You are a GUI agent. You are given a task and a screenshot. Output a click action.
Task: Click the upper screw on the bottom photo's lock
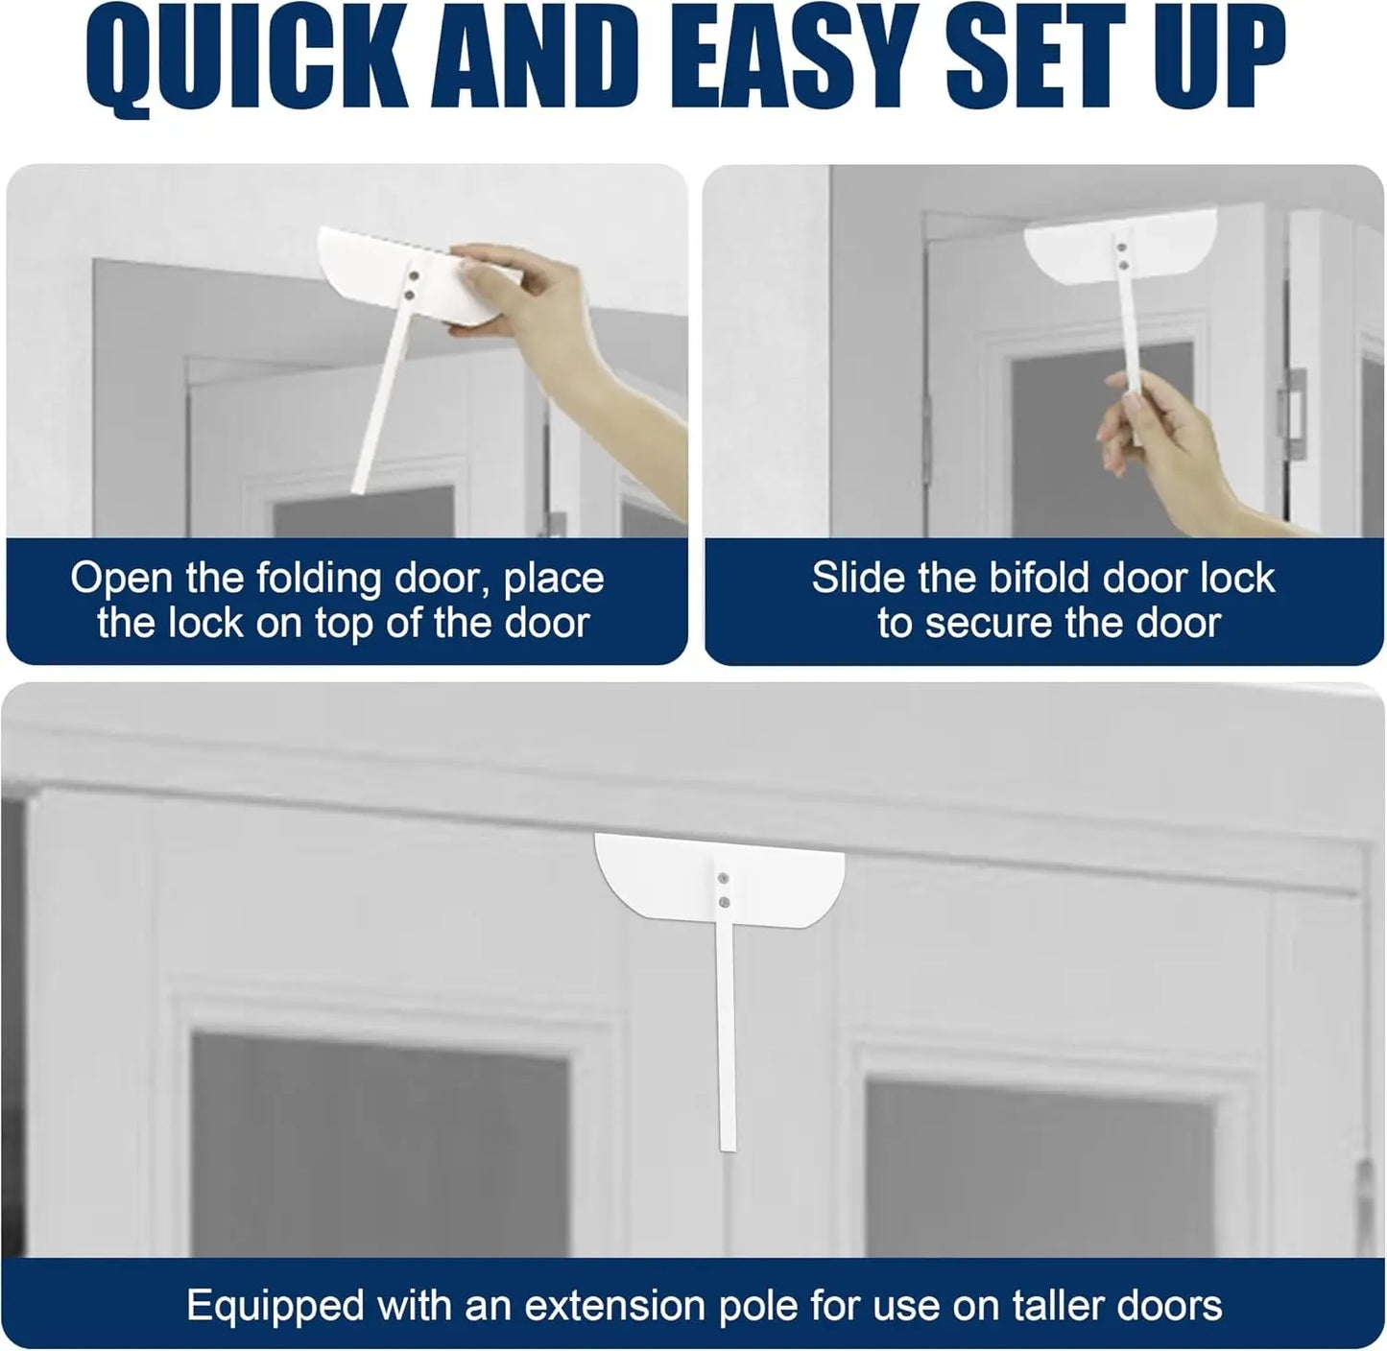coord(722,878)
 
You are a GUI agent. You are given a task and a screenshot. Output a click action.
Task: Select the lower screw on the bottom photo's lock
coord(722,902)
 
